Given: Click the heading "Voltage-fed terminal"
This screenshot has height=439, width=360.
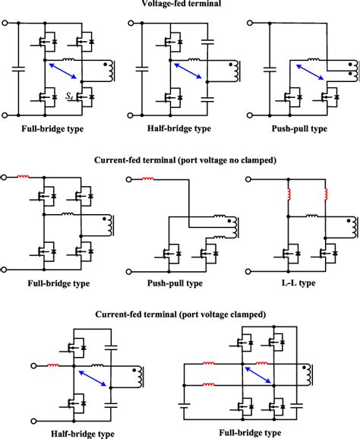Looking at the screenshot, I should click(x=180, y=5).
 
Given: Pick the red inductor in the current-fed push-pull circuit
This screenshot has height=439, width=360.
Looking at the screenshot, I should click(x=148, y=179).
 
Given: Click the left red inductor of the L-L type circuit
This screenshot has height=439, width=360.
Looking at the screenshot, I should click(x=289, y=196).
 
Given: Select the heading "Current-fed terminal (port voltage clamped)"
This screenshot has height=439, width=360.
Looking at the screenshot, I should click(x=180, y=313).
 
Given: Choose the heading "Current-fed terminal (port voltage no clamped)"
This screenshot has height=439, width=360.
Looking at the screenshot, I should click(x=180, y=161).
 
